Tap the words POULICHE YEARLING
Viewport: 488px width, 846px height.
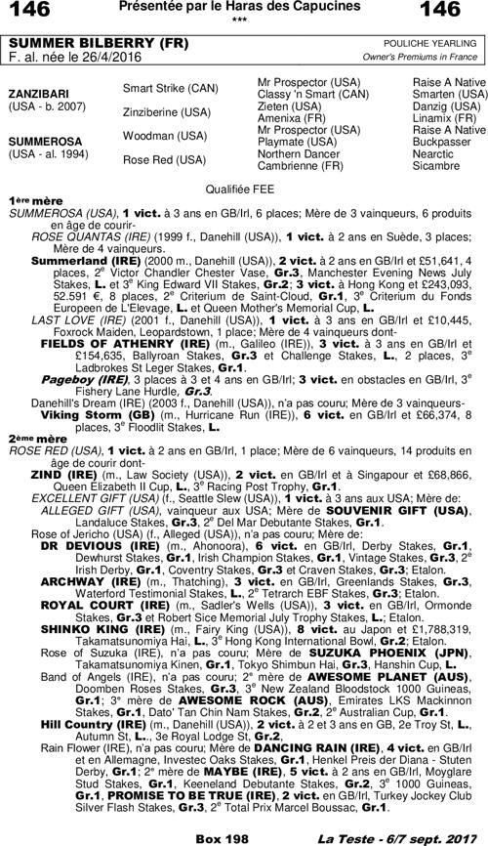pyautogui.click(x=437, y=45)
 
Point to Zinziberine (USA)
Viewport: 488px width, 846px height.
pyautogui.click(x=165, y=112)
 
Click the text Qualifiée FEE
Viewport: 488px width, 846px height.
pyautogui.click(x=242, y=186)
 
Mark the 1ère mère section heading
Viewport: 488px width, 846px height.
pyautogui.click(x=30, y=197)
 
